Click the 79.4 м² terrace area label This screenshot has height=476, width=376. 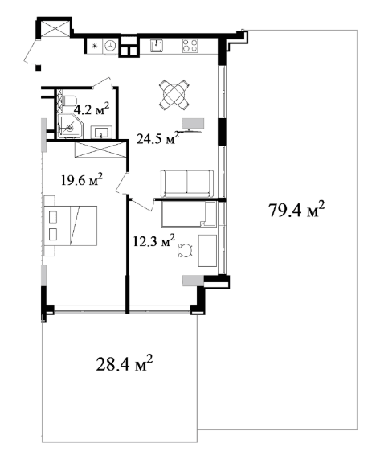pos(296,210)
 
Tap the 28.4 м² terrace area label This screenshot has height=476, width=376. pos(124,363)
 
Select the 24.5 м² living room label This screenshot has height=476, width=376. pos(157,138)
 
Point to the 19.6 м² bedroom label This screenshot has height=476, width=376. pos(82,180)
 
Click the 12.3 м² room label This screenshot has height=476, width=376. pos(154,240)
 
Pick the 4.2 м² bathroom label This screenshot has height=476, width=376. pos(92,109)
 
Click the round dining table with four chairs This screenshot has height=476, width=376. pos(174,94)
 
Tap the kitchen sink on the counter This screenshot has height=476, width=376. pos(157,46)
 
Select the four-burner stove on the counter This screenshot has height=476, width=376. pos(190,46)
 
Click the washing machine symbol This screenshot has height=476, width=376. pos(110,46)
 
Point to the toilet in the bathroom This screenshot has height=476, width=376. pos(69,101)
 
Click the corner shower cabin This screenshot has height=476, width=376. pos(70,126)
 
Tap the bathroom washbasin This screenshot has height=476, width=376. pos(101,132)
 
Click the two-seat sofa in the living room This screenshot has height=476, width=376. pos(186,183)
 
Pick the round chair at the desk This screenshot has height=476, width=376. pos(185,251)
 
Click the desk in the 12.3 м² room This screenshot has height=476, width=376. pos(207,251)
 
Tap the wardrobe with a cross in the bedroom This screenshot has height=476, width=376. pos(100,150)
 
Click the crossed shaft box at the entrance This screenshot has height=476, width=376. pos(54,28)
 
